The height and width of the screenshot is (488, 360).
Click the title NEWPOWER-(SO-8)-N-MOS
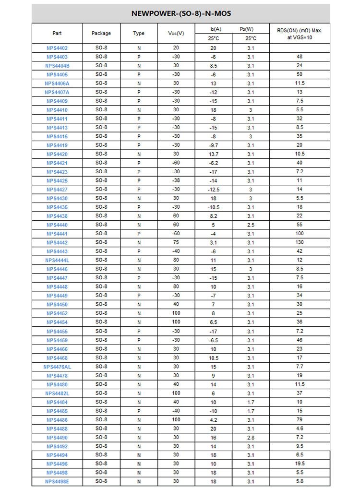pyautogui.click(x=181, y=13)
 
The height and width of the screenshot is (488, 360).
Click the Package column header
pyautogui.click(x=101, y=33)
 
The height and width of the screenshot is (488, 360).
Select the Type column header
pyautogui.click(x=139, y=33)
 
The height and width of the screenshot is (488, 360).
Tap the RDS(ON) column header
pyautogui.click(x=300, y=34)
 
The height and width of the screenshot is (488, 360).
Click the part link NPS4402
pyautogui.click(x=57, y=48)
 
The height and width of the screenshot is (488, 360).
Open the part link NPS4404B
pyautogui.click(x=57, y=66)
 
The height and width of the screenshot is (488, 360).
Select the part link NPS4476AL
pyautogui.click(x=57, y=367)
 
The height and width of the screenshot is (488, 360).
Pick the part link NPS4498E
pyautogui.click(x=57, y=481)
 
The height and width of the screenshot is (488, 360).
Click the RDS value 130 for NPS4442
pyautogui.click(x=300, y=243)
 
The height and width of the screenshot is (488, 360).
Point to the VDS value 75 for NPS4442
pyautogui.click(x=176, y=242)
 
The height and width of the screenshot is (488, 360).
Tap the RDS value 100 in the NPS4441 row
pyautogui.click(x=300, y=234)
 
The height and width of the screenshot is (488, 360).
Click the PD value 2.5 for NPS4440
pyautogui.click(x=251, y=225)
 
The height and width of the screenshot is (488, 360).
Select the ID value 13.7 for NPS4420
pyautogui.click(x=214, y=155)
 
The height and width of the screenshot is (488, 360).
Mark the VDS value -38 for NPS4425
pyautogui.click(x=176, y=181)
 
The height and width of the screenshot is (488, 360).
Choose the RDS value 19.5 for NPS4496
pyautogui.click(x=300, y=464)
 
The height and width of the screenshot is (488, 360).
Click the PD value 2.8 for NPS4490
pyautogui.click(x=251, y=438)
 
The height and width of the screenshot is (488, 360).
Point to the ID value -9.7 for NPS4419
pyautogui.click(x=214, y=145)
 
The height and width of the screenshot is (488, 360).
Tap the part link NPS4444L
pyautogui.click(x=57, y=260)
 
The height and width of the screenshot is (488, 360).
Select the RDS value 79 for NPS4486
pyautogui.click(x=300, y=420)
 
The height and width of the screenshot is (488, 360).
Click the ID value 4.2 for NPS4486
pyautogui.click(x=214, y=420)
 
